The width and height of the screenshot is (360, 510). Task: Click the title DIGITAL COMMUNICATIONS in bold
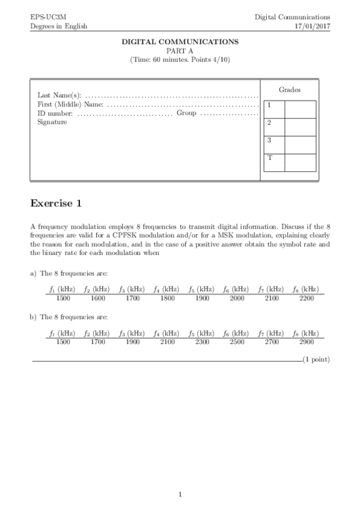pos(180,42)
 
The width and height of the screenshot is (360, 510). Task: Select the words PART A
pos(180,51)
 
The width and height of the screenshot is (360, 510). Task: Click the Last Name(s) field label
pos(58,95)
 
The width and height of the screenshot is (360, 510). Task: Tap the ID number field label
pos(55,113)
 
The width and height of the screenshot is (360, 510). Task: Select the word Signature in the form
pos(52,122)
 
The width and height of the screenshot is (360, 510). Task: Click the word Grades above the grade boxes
pos(290,90)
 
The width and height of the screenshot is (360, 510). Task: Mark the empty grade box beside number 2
pos(300,127)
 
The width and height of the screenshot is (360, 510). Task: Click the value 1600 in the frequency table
pos(96,298)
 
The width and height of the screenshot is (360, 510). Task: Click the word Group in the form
pos(186,113)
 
